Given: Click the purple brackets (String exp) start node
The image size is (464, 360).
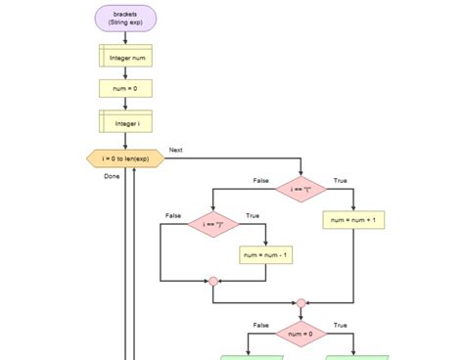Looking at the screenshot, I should click(125, 18).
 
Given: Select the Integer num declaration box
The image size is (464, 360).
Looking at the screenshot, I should click(125, 57).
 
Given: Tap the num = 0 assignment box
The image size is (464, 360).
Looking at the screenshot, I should click(125, 89).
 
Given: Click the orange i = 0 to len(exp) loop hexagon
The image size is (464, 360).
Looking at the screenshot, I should click(125, 157).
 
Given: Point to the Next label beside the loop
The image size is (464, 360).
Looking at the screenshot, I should click(176, 150).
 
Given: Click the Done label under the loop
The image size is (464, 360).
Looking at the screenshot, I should click(112, 176).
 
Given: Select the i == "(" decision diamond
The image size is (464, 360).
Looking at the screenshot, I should click(301, 189).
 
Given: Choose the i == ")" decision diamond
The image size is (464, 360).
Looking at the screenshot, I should click(213, 225).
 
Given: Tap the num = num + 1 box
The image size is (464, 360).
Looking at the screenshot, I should click(352, 221).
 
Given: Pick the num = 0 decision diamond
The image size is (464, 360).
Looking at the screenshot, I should click(301, 334).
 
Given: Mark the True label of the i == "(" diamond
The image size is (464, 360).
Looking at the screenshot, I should click(340, 180).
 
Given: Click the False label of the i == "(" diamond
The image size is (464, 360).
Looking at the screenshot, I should click(261, 180).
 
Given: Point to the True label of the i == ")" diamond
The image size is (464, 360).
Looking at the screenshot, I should click(253, 215).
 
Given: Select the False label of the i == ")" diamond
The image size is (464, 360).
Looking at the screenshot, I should click(173, 215).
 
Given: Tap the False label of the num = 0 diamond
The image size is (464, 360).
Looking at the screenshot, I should click(261, 325).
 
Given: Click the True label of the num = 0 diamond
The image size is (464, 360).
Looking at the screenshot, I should click(340, 325).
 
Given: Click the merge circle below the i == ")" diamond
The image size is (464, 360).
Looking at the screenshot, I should click(213, 282).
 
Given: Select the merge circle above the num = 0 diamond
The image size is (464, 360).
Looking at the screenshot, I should click(301, 303).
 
